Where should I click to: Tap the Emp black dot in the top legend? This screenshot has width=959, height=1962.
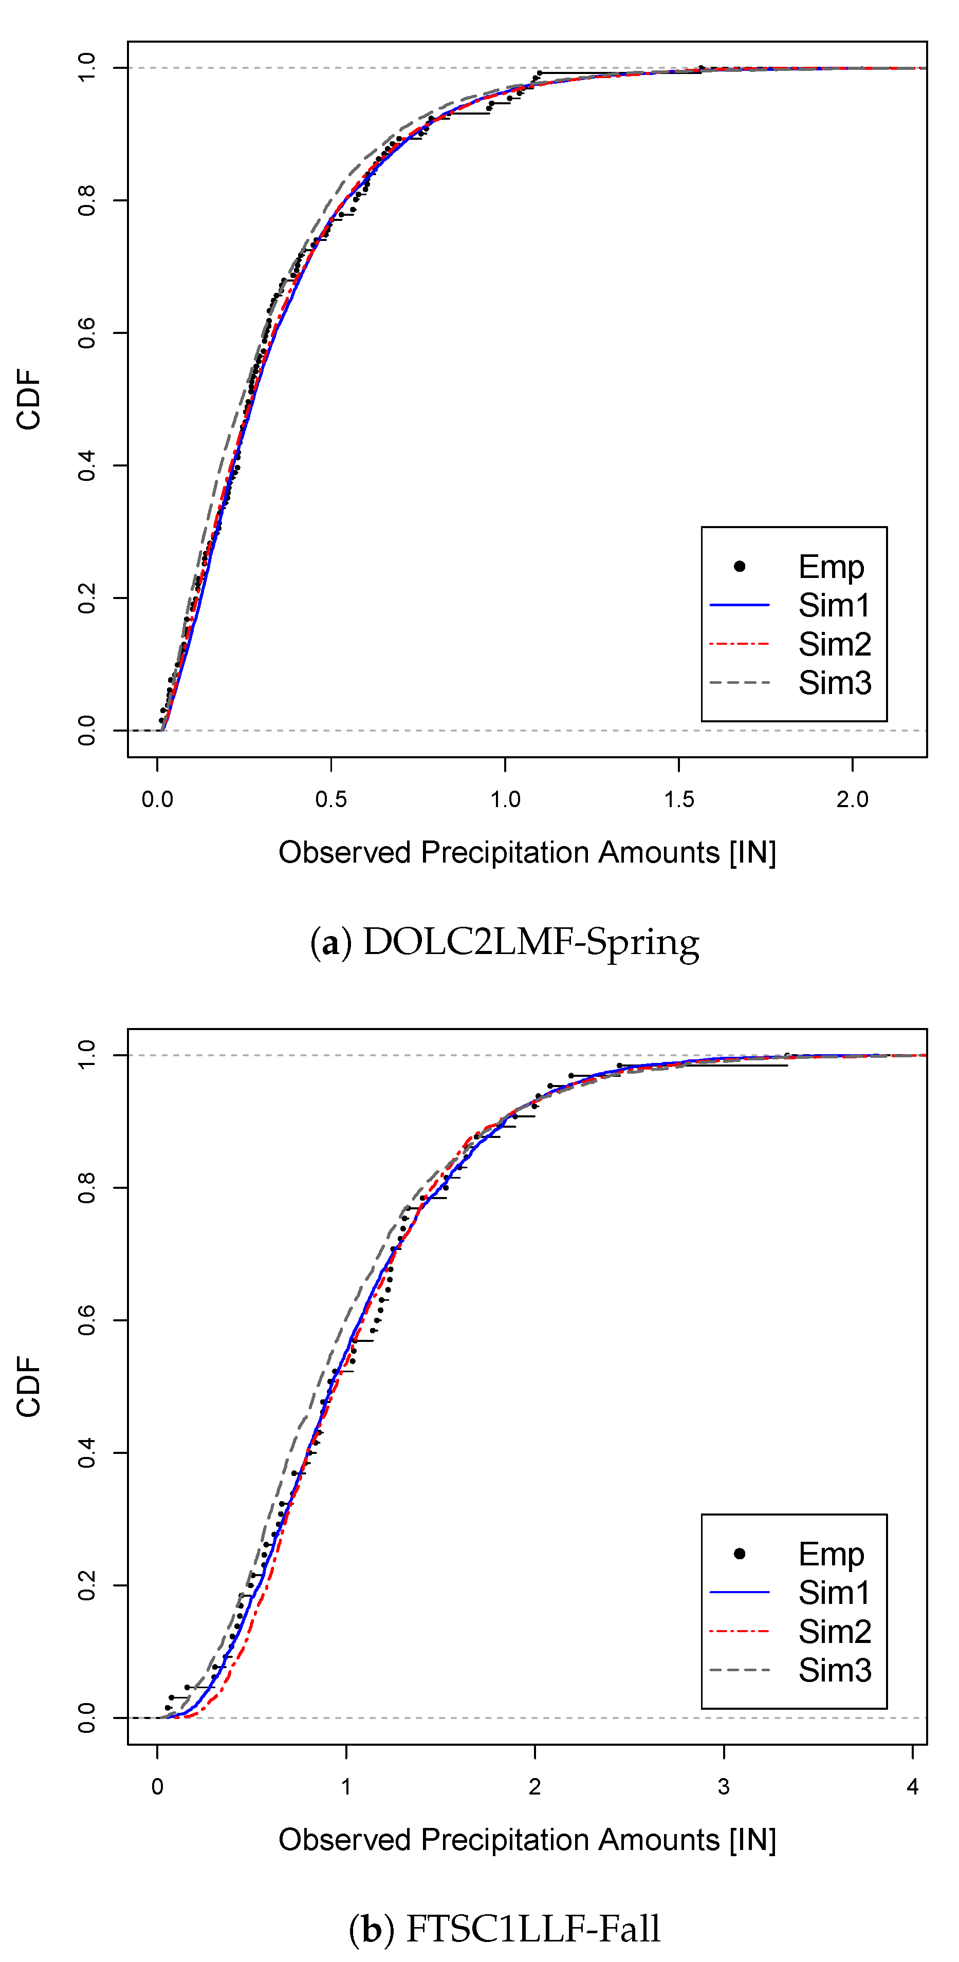point(739,566)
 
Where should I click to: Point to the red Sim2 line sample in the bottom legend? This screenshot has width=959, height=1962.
point(739,1632)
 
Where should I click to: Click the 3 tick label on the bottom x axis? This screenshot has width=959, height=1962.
point(724,1787)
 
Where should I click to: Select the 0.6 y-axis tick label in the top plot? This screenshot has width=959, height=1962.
point(87,333)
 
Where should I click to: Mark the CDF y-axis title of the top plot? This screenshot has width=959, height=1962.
point(29,399)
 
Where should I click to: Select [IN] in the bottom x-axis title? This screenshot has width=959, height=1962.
point(752,1840)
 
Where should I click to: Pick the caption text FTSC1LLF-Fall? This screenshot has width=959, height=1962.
point(533,1929)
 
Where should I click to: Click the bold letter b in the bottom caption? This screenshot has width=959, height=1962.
point(372,1929)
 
